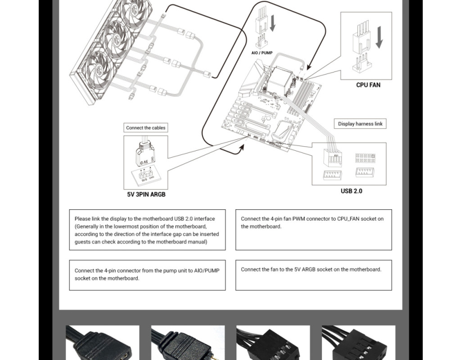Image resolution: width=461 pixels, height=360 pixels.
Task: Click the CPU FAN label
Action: [368, 85]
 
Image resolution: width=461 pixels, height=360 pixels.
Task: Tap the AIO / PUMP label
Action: [262, 53]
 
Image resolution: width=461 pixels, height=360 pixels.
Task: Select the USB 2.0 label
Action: [351, 191]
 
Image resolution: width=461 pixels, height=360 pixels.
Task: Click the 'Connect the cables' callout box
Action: [145, 128]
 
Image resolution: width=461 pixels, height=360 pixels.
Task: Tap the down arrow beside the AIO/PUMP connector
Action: [272, 22]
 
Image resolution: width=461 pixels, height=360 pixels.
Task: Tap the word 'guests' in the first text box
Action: [82, 242]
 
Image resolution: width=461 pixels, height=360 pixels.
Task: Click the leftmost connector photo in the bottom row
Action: [102, 343]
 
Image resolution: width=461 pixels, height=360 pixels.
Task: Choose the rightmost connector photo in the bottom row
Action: [358, 343]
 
